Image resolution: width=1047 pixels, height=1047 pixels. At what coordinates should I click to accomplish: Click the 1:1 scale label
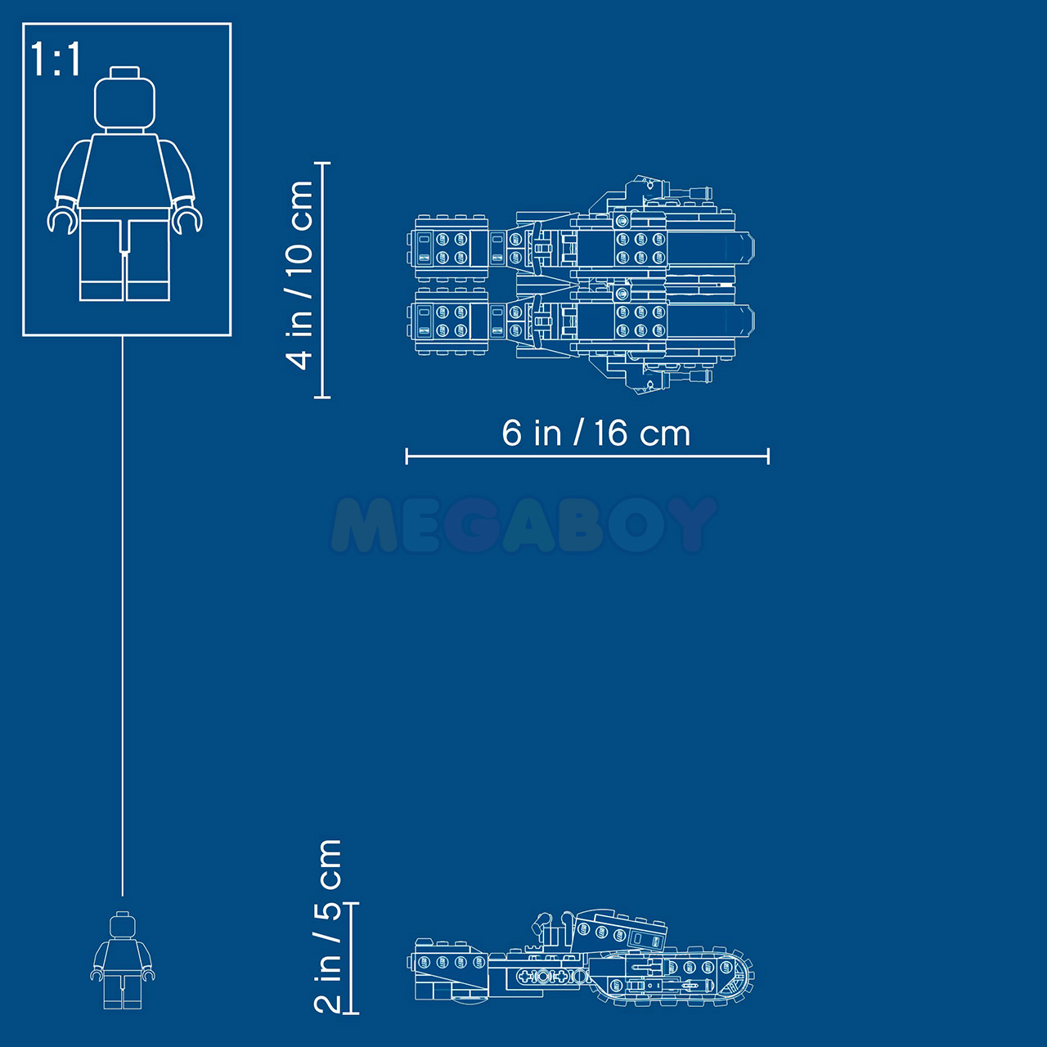(56, 59)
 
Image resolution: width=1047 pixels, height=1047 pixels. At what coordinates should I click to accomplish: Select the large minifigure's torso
(124, 171)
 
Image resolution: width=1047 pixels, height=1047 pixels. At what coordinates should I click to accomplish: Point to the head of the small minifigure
(123, 925)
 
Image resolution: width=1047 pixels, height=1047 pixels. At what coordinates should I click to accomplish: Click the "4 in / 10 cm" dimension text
(300, 275)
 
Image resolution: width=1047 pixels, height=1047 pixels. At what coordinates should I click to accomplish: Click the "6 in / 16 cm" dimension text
(596, 434)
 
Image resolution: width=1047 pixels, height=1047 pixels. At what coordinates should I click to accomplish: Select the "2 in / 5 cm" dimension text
(328, 926)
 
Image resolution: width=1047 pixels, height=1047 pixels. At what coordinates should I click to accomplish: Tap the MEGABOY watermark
(524, 524)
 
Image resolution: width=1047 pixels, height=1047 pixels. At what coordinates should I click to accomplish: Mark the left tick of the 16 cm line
(407, 456)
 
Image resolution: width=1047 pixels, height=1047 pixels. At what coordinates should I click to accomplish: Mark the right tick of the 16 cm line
(768, 456)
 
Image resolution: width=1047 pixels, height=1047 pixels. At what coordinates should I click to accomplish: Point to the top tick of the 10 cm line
(322, 163)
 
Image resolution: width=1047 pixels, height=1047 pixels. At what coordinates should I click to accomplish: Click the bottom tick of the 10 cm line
(322, 398)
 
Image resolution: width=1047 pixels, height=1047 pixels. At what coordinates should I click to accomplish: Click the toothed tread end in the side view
(739, 978)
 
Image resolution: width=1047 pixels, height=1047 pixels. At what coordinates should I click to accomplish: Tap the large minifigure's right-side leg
(148, 260)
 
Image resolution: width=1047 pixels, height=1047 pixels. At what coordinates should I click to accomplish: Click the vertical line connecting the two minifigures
(122, 616)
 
